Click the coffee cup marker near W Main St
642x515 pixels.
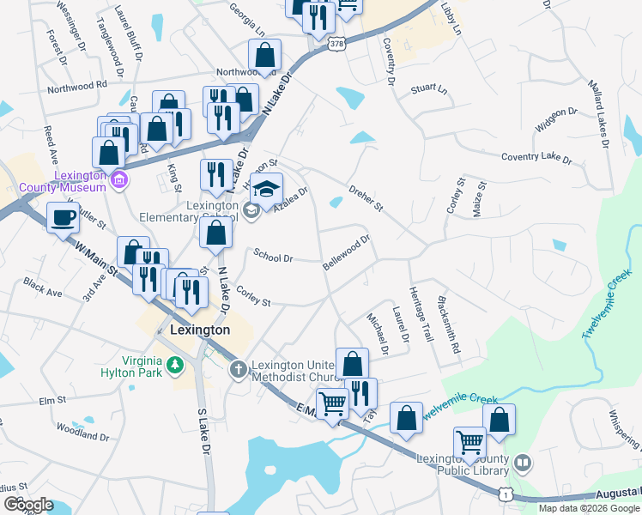63,218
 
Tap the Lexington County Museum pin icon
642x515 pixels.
119,180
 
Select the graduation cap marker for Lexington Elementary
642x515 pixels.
267,188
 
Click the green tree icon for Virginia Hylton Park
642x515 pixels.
176,367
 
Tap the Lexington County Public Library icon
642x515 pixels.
523,464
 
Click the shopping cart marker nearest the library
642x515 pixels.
469,443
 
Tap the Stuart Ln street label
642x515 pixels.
429,88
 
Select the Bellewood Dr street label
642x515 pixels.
347,253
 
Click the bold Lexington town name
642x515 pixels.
200,330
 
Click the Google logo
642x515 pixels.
28,504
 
